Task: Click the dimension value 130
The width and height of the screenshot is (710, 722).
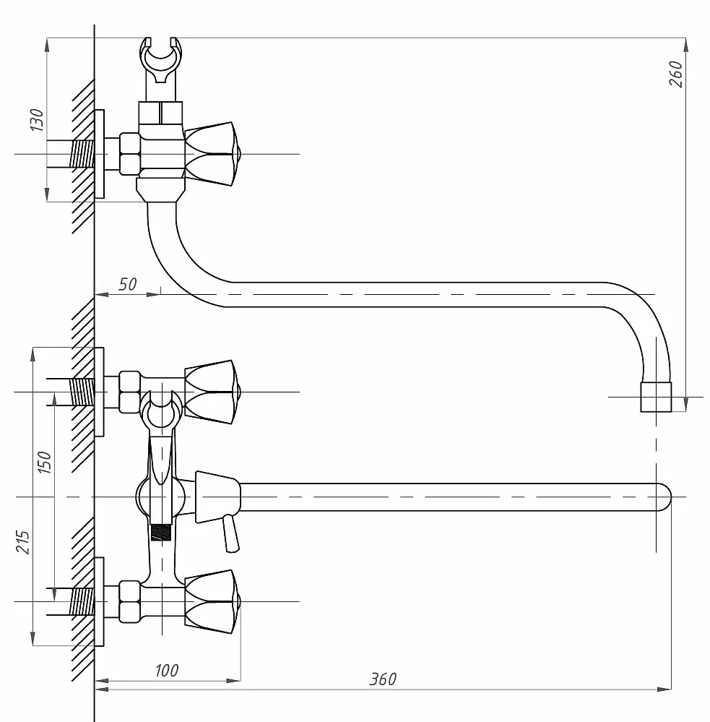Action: (37, 120)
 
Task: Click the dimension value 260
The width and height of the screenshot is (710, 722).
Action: (675, 74)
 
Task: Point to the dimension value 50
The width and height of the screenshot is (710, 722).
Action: (127, 284)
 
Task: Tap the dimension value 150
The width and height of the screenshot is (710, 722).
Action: (44, 462)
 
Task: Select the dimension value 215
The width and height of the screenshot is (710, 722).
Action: (22, 542)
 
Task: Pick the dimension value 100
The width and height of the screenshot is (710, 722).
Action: (167, 671)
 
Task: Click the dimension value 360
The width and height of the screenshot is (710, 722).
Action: (383, 679)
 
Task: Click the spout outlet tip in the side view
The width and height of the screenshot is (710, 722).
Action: (656, 397)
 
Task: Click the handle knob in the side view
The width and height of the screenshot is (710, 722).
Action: (212, 154)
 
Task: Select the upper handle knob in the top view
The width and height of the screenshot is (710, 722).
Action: (212, 392)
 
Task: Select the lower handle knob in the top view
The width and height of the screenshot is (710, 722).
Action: (212, 601)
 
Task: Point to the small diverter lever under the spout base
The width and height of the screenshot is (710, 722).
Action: (230, 534)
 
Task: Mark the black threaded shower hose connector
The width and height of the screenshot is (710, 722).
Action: (161, 532)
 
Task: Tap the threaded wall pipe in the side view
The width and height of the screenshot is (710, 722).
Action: (82, 154)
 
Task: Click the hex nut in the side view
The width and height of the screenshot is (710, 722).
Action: (130, 154)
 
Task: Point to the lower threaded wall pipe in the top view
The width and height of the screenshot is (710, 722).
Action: (82, 601)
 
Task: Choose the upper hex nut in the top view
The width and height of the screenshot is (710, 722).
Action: (130, 392)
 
